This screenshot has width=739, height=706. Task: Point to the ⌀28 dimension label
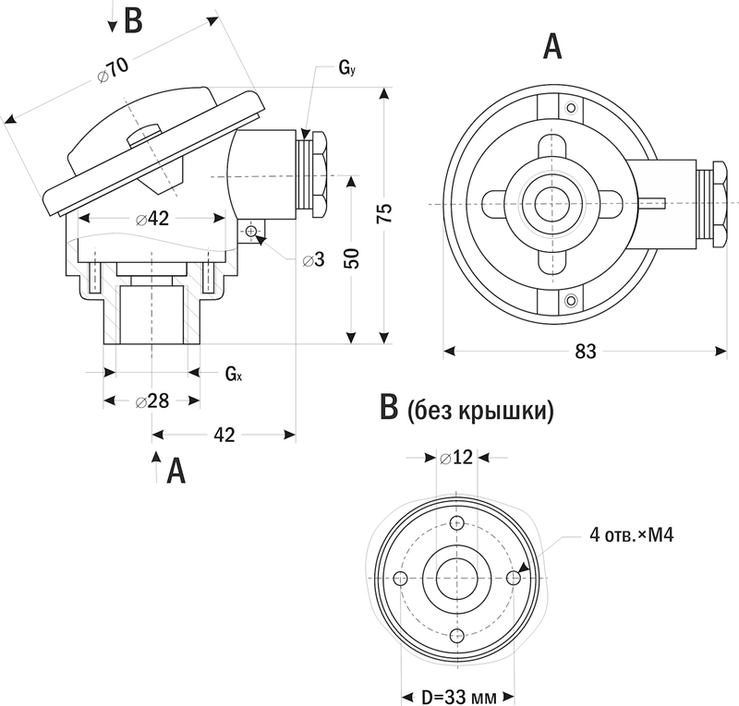(x=151, y=401)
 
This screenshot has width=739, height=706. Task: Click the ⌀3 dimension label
(x=315, y=259)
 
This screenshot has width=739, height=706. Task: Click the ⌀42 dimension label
(x=151, y=219)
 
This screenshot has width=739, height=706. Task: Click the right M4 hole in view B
(x=514, y=579)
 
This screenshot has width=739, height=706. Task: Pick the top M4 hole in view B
(x=456, y=521)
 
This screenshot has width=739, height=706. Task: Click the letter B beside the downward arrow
(x=133, y=20)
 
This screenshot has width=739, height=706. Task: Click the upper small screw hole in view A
(x=572, y=111)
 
